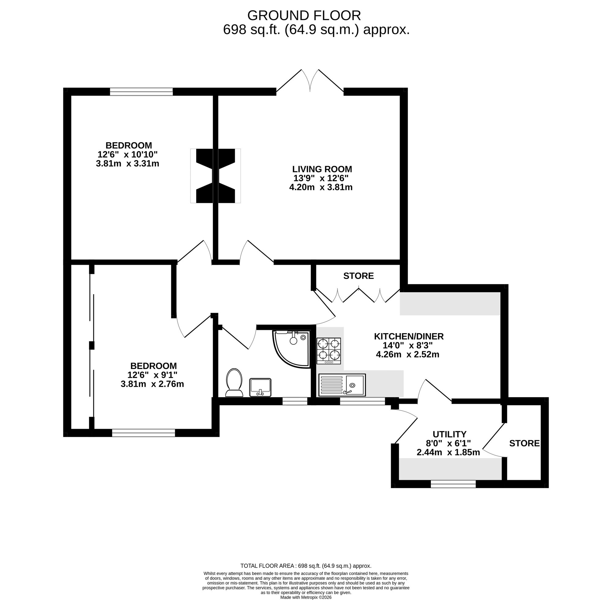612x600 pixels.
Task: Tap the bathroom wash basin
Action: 260,387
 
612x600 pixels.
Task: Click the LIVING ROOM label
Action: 322,169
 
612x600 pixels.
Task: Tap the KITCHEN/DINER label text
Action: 409,336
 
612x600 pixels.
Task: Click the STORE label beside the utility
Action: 524,443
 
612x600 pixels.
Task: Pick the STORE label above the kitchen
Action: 358,276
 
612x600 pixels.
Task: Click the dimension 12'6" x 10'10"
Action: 127,155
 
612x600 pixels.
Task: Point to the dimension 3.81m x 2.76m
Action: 152,384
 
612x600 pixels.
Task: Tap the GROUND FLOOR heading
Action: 304,15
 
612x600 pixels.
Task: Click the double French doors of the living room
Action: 310,82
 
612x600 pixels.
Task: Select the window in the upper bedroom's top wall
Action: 141,92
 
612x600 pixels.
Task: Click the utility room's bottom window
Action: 453,484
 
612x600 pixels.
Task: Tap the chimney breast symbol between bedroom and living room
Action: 215,176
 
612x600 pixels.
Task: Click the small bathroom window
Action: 294,401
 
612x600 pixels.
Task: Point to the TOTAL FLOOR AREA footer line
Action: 306,566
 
